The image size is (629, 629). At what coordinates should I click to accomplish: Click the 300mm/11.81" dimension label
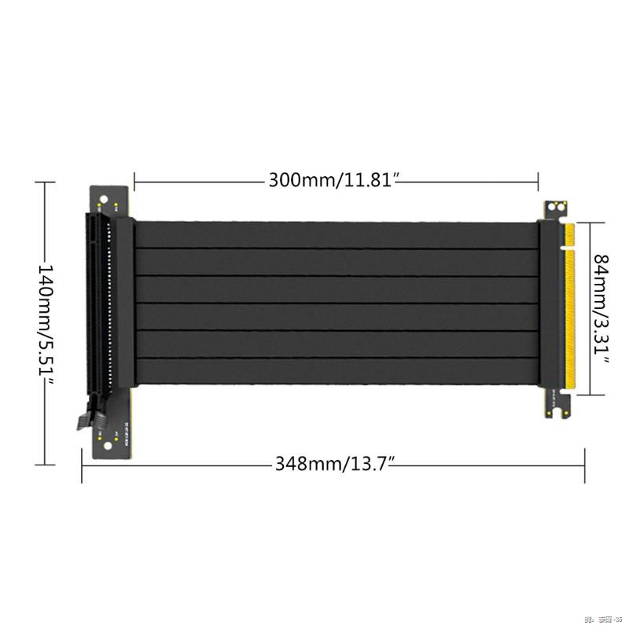click(x=336, y=180)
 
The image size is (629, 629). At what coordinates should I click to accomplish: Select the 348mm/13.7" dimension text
click(x=333, y=463)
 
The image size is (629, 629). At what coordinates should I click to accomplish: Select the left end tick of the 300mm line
click(x=134, y=181)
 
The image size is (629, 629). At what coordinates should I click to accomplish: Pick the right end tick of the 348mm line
click(x=584, y=464)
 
